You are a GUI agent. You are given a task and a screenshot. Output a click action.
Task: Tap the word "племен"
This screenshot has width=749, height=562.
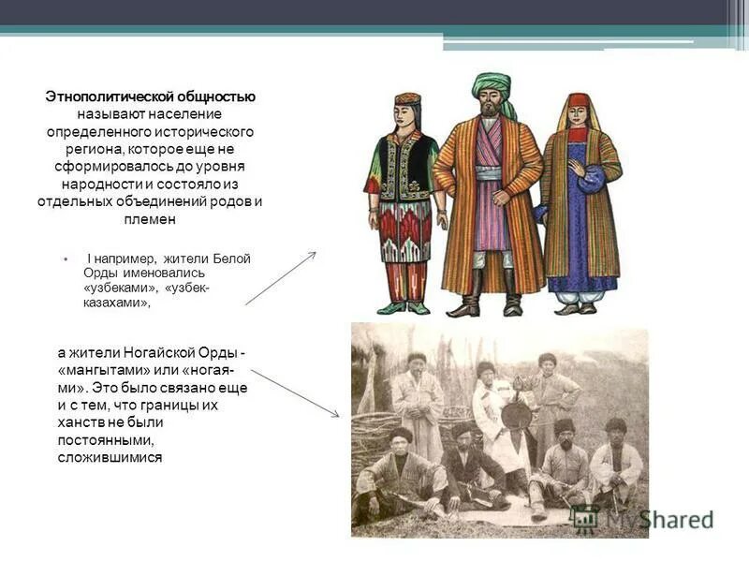click(x=150, y=220)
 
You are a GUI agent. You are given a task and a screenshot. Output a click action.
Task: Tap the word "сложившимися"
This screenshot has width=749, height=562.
click(x=110, y=456)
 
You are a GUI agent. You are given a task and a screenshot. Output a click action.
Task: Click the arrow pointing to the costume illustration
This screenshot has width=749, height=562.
click(x=281, y=277)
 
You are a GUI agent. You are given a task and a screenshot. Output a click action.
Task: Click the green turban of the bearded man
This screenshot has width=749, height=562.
click(x=492, y=87)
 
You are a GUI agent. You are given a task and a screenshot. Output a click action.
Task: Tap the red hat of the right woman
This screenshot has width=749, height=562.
click(x=580, y=100)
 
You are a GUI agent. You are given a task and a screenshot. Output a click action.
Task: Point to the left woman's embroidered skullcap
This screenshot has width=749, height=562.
click(x=407, y=98)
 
